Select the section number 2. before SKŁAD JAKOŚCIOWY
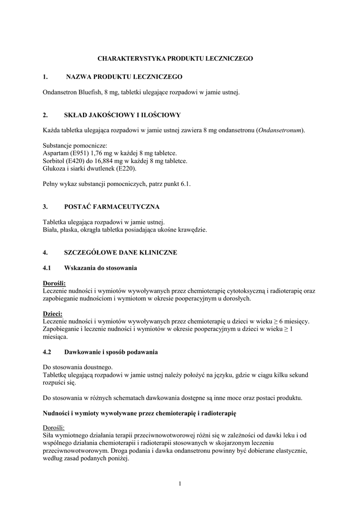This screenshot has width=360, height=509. pyautogui.click(x=45, y=115)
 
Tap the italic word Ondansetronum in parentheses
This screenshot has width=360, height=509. pyautogui.click(x=280, y=130)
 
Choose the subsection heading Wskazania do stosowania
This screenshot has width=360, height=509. pyautogui.click(x=100, y=268)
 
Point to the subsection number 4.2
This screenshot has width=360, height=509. pyautogui.click(x=47, y=352)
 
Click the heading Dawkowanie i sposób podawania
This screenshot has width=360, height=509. pyautogui.click(x=111, y=352)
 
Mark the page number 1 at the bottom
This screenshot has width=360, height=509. pyautogui.click(x=180, y=484)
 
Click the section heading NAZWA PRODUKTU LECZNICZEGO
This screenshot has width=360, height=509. pyautogui.click(x=124, y=77)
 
